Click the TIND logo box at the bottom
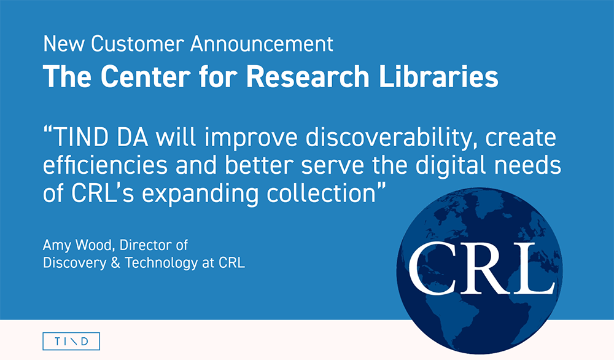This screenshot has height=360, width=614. (71, 341)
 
